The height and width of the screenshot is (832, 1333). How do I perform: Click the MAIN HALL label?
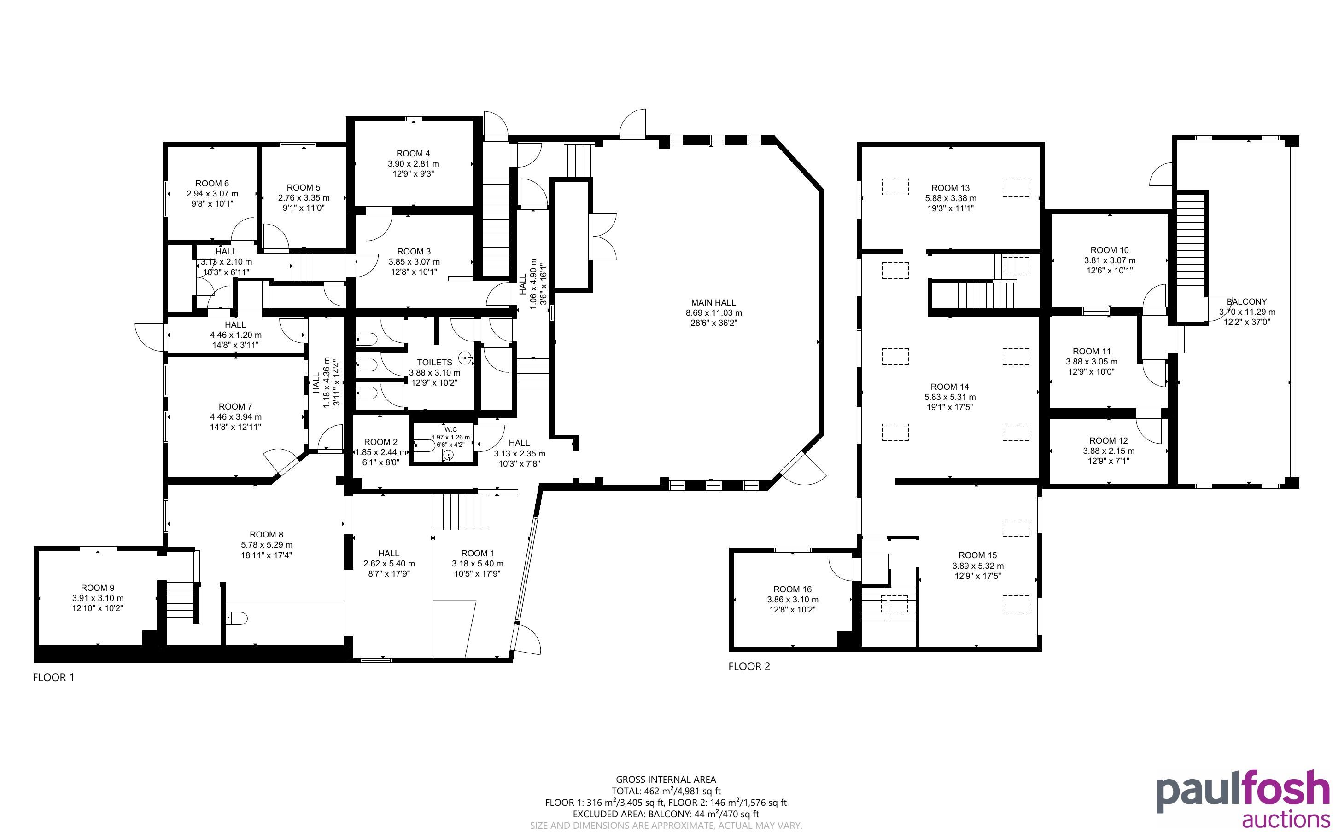[713, 303]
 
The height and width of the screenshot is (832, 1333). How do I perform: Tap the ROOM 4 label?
[413, 154]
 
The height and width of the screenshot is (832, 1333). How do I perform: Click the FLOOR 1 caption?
[53, 677]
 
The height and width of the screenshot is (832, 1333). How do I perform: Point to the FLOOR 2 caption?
[749, 666]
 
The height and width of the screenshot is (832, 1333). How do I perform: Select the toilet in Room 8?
[237, 618]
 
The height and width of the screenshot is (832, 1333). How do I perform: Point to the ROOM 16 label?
[792, 589]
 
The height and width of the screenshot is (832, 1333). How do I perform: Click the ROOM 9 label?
[98, 588]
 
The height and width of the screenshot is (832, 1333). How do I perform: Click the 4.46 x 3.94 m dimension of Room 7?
[236, 416]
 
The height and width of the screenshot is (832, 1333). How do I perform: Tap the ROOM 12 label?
[1108, 441]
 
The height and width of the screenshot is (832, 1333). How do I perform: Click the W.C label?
[450, 429]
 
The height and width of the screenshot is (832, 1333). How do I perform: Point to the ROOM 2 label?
[380, 442]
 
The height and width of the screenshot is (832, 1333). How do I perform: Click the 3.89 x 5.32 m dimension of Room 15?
[978, 566]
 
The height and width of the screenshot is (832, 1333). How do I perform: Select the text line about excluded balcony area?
[666, 814]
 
